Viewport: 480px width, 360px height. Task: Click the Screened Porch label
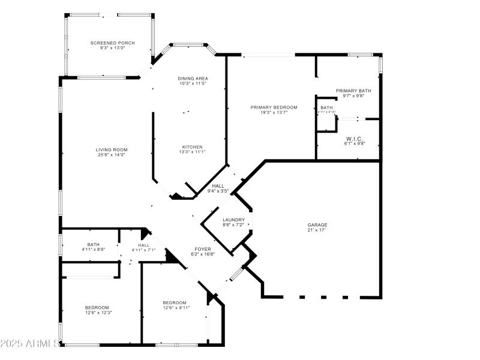click(x=112, y=43)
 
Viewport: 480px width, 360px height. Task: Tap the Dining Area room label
click(x=193, y=79)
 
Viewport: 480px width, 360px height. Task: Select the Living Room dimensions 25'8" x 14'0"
click(x=112, y=155)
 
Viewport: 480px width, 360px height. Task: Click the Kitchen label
click(x=193, y=146)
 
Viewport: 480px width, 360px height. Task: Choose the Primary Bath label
click(x=353, y=91)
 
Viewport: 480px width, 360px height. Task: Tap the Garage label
click(x=317, y=225)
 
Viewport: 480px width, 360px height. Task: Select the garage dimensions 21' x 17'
click(x=317, y=230)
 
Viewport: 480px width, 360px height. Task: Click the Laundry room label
click(x=233, y=220)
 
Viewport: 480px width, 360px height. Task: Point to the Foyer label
click(x=202, y=248)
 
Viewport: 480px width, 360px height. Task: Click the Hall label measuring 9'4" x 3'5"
click(x=218, y=186)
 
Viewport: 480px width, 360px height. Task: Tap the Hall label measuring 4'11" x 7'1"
click(x=144, y=245)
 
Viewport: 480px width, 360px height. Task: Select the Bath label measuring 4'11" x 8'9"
click(x=94, y=244)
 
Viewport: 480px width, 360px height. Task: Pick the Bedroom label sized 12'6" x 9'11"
click(x=175, y=302)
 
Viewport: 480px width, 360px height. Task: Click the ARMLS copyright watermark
click(x=30, y=344)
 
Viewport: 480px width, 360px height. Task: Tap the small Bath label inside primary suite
click(x=326, y=107)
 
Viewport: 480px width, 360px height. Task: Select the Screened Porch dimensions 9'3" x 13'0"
click(x=112, y=48)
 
